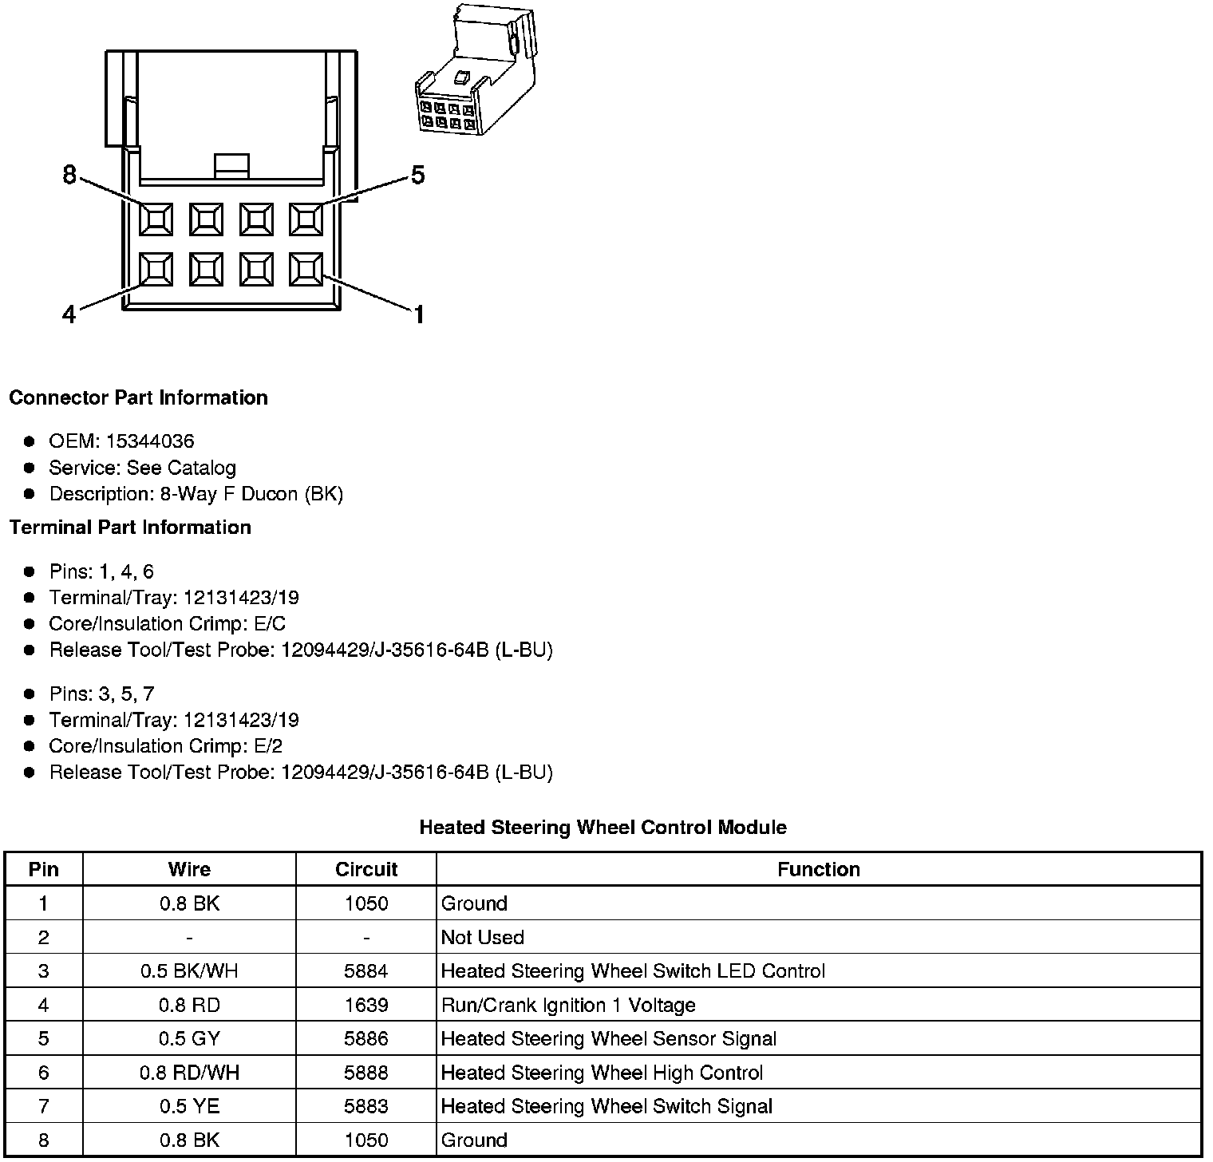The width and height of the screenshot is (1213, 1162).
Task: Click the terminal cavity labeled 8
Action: click(156, 219)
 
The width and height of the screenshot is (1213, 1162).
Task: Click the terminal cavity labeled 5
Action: click(306, 219)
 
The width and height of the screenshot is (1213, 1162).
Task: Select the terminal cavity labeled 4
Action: click(156, 270)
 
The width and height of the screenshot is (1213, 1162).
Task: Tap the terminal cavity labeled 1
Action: click(306, 270)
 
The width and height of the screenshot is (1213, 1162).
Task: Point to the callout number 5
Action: click(418, 176)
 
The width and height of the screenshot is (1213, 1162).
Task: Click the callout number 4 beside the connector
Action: click(69, 315)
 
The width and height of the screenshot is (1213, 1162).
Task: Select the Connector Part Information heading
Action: click(138, 397)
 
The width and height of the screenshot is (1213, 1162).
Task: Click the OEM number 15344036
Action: click(150, 441)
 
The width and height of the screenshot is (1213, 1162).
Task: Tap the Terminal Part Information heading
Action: click(130, 528)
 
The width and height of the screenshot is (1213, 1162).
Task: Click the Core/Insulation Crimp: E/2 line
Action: click(165, 746)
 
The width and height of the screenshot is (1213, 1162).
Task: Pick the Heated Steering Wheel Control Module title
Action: click(603, 828)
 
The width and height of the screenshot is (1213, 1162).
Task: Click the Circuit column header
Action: click(366, 869)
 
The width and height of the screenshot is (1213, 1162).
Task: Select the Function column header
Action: click(819, 869)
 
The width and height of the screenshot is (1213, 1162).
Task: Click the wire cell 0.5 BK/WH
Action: click(189, 971)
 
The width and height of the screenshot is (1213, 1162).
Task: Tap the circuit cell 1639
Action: click(366, 1005)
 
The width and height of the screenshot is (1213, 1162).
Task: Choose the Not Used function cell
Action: click(483, 938)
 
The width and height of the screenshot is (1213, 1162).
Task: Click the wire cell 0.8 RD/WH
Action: click(189, 1073)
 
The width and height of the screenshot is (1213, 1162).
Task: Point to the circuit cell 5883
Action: click(366, 1106)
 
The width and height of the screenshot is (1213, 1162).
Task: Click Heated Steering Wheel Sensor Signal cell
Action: click(608, 1039)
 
